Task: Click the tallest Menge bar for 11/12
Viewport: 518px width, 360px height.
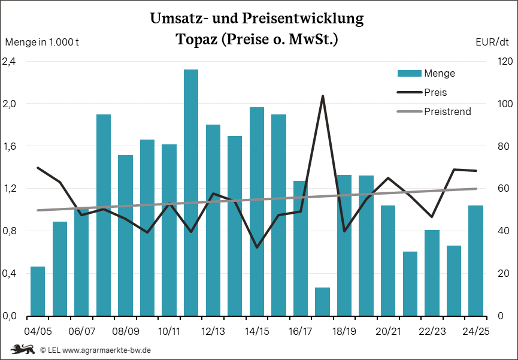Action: click(x=191, y=192)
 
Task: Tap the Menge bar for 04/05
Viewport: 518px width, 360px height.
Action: click(x=38, y=291)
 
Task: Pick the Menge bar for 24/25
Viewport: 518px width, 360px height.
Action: click(x=475, y=261)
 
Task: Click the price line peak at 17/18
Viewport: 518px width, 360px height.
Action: click(x=322, y=96)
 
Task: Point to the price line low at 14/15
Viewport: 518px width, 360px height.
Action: click(x=257, y=247)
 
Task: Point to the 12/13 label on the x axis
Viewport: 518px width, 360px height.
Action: click(x=213, y=331)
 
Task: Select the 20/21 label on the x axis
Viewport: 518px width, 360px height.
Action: click(x=388, y=331)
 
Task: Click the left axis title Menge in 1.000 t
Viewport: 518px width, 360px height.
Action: click(x=43, y=42)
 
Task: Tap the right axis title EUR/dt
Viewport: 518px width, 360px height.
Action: click(x=492, y=42)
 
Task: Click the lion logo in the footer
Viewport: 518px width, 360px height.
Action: click(x=22, y=349)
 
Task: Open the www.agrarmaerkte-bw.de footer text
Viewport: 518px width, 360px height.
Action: click(x=106, y=349)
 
